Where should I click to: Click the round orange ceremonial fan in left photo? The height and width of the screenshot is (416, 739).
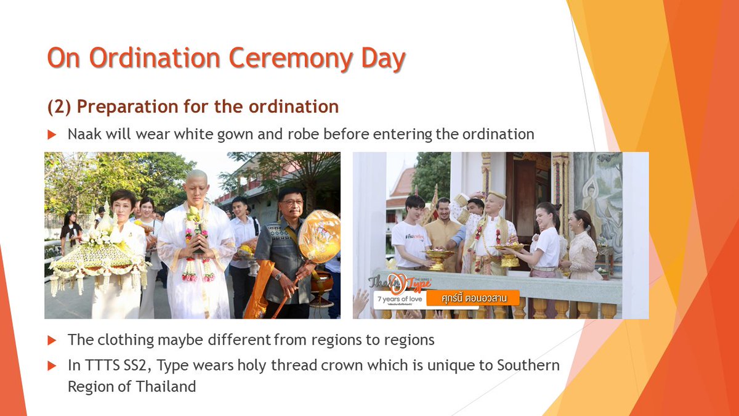(x=318, y=236)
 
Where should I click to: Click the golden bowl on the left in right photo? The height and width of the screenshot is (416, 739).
(x=438, y=255)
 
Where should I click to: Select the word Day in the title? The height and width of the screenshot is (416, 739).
(x=382, y=59)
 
